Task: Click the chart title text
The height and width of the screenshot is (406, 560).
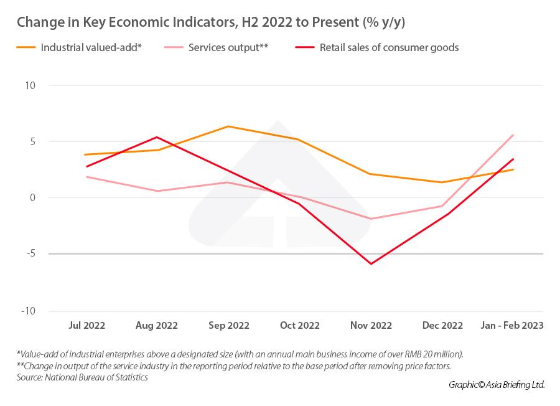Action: [x=212, y=22]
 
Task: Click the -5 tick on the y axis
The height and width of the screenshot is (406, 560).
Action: [x=30, y=254]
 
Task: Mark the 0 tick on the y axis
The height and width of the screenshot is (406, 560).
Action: [x=33, y=198]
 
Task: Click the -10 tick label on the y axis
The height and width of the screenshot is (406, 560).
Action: [x=28, y=311]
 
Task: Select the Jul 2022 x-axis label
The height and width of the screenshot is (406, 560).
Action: [x=86, y=326]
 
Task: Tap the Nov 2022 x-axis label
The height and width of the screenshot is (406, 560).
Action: [x=371, y=326]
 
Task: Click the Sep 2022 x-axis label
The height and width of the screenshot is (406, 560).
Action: [x=228, y=326]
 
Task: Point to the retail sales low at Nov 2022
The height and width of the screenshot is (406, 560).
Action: [x=371, y=264]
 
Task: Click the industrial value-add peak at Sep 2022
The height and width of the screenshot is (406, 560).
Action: [x=228, y=126]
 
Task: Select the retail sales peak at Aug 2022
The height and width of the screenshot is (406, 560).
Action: [x=157, y=137]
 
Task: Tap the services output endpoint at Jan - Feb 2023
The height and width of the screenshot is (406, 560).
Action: [x=513, y=135]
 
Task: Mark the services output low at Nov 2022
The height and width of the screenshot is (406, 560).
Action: [x=371, y=219]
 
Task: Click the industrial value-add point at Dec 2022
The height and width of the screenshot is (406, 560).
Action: [x=442, y=182]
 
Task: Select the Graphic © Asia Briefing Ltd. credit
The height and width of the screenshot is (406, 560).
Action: [x=497, y=385]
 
